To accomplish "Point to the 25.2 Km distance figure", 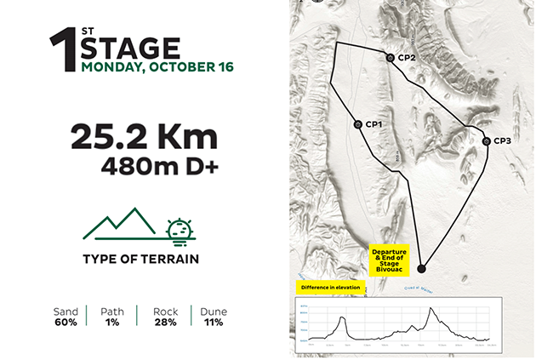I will coord(144,136).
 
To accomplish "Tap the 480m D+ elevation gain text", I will coord(159,165).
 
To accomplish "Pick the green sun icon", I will coord(178,229).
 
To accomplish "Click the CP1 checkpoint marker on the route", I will coord(358,124).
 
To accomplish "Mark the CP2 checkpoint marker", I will coord(390,58).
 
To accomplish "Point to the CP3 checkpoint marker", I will coord(486,141).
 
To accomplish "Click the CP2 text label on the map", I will coord(406,58).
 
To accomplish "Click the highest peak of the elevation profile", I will coord(432,309).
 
